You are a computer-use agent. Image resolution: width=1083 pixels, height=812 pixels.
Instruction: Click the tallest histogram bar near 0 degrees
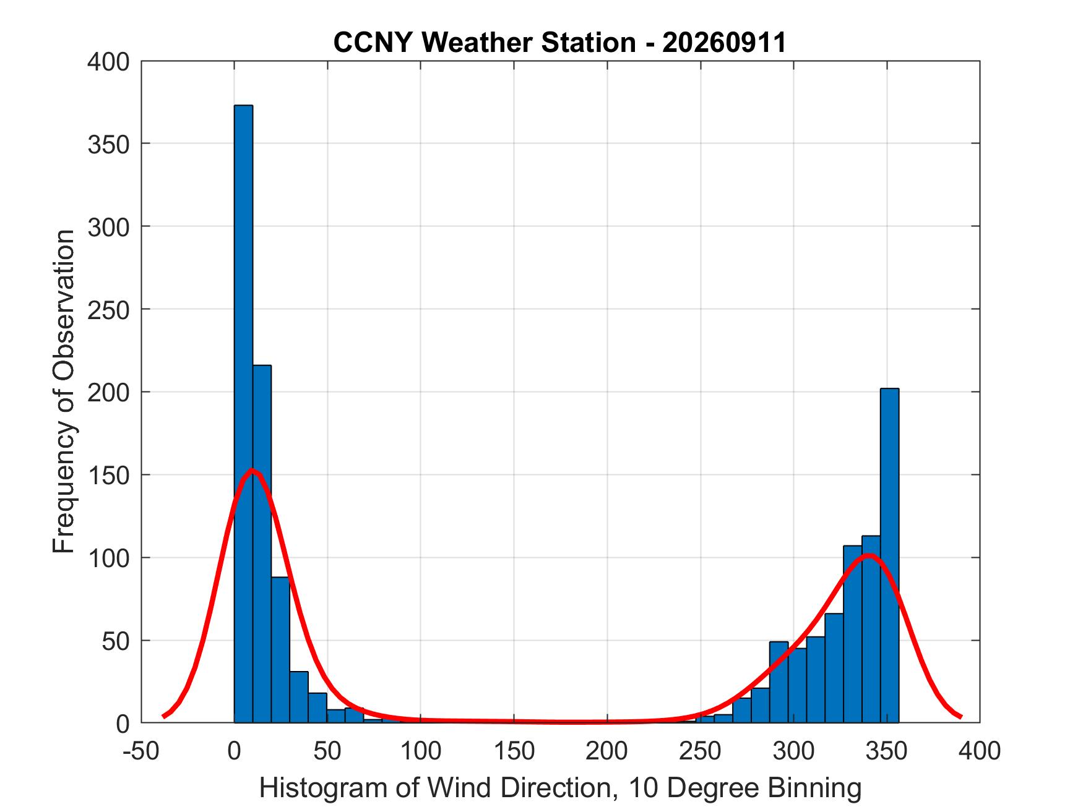(243, 414)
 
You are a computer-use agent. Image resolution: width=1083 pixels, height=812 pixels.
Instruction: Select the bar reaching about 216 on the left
(262, 544)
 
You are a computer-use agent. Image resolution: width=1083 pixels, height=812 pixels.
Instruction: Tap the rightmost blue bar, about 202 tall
(889, 555)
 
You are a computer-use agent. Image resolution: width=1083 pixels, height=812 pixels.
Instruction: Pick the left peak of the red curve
(252, 470)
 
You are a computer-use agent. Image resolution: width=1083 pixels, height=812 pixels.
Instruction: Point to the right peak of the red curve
(869, 555)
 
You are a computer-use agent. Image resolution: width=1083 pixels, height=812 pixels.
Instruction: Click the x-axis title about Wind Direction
(560, 788)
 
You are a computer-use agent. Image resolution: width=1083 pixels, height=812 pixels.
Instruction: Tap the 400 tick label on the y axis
(108, 62)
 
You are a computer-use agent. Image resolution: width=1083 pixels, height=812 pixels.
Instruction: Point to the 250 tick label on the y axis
(108, 310)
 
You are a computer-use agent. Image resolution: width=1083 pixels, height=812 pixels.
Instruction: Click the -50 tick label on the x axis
(142, 751)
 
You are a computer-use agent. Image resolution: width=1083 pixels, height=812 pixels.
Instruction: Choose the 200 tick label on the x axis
(607, 751)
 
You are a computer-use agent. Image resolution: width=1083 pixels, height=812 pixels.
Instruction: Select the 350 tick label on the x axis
(887, 751)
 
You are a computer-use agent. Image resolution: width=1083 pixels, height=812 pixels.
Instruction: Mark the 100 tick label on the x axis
(421, 751)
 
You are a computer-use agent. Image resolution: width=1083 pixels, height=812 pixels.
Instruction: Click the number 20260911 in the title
(724, 42)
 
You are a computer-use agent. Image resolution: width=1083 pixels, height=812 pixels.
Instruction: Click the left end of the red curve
(163, 716)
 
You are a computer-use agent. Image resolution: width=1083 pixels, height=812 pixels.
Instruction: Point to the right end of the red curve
(960, 716)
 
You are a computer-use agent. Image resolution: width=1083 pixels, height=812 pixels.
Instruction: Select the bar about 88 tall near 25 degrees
(280, 650)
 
